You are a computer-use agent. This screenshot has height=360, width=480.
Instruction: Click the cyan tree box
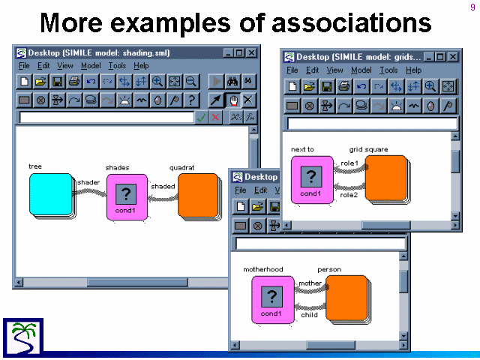click(51, 194)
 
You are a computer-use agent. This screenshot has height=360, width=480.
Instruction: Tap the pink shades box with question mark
click(127, 197)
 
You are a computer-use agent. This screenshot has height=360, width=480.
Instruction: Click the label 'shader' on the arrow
click(88, 182)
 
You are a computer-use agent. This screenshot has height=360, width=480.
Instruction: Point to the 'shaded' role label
click(163, 186)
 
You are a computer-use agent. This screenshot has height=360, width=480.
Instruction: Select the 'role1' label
click(349, 163)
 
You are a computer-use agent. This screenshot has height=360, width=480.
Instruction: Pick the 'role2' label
click(349, 195)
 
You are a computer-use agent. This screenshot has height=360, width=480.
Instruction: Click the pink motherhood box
click(272, 300)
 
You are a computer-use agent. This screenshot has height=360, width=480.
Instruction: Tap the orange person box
click(346, 298)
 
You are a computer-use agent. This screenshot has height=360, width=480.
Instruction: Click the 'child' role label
click(309, 315)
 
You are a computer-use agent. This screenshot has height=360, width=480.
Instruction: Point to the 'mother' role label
click(310, 283)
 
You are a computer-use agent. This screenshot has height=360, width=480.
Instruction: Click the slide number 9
click(472, 7)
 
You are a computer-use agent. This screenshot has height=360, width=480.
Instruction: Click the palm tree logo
click(23, 337)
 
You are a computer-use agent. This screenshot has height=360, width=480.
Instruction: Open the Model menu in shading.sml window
click(91, 66)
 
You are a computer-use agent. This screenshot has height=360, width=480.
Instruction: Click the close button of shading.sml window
click(252, 53)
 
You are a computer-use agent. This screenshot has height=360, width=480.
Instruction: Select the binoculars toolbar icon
click(232, 82)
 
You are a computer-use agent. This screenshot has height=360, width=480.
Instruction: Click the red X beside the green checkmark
click(215, 117)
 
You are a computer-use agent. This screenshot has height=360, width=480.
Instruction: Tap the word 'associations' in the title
click(352, 22)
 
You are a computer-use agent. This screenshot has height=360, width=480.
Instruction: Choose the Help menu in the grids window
click(413, 70)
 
